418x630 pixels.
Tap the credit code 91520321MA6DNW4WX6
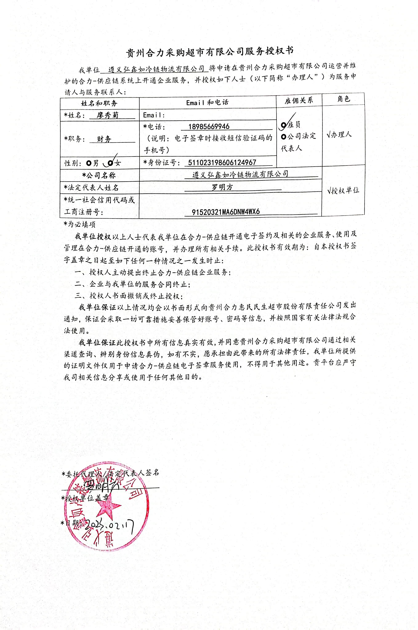(225, 212)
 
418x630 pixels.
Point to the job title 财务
(104, 139)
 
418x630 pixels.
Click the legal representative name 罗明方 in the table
(222, 187)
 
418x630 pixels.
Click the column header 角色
(343, 99)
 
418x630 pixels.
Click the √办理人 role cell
(339, 135)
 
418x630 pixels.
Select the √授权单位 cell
(343, 190)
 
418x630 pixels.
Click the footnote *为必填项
(79, 224)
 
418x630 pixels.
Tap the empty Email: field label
(154, 115)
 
